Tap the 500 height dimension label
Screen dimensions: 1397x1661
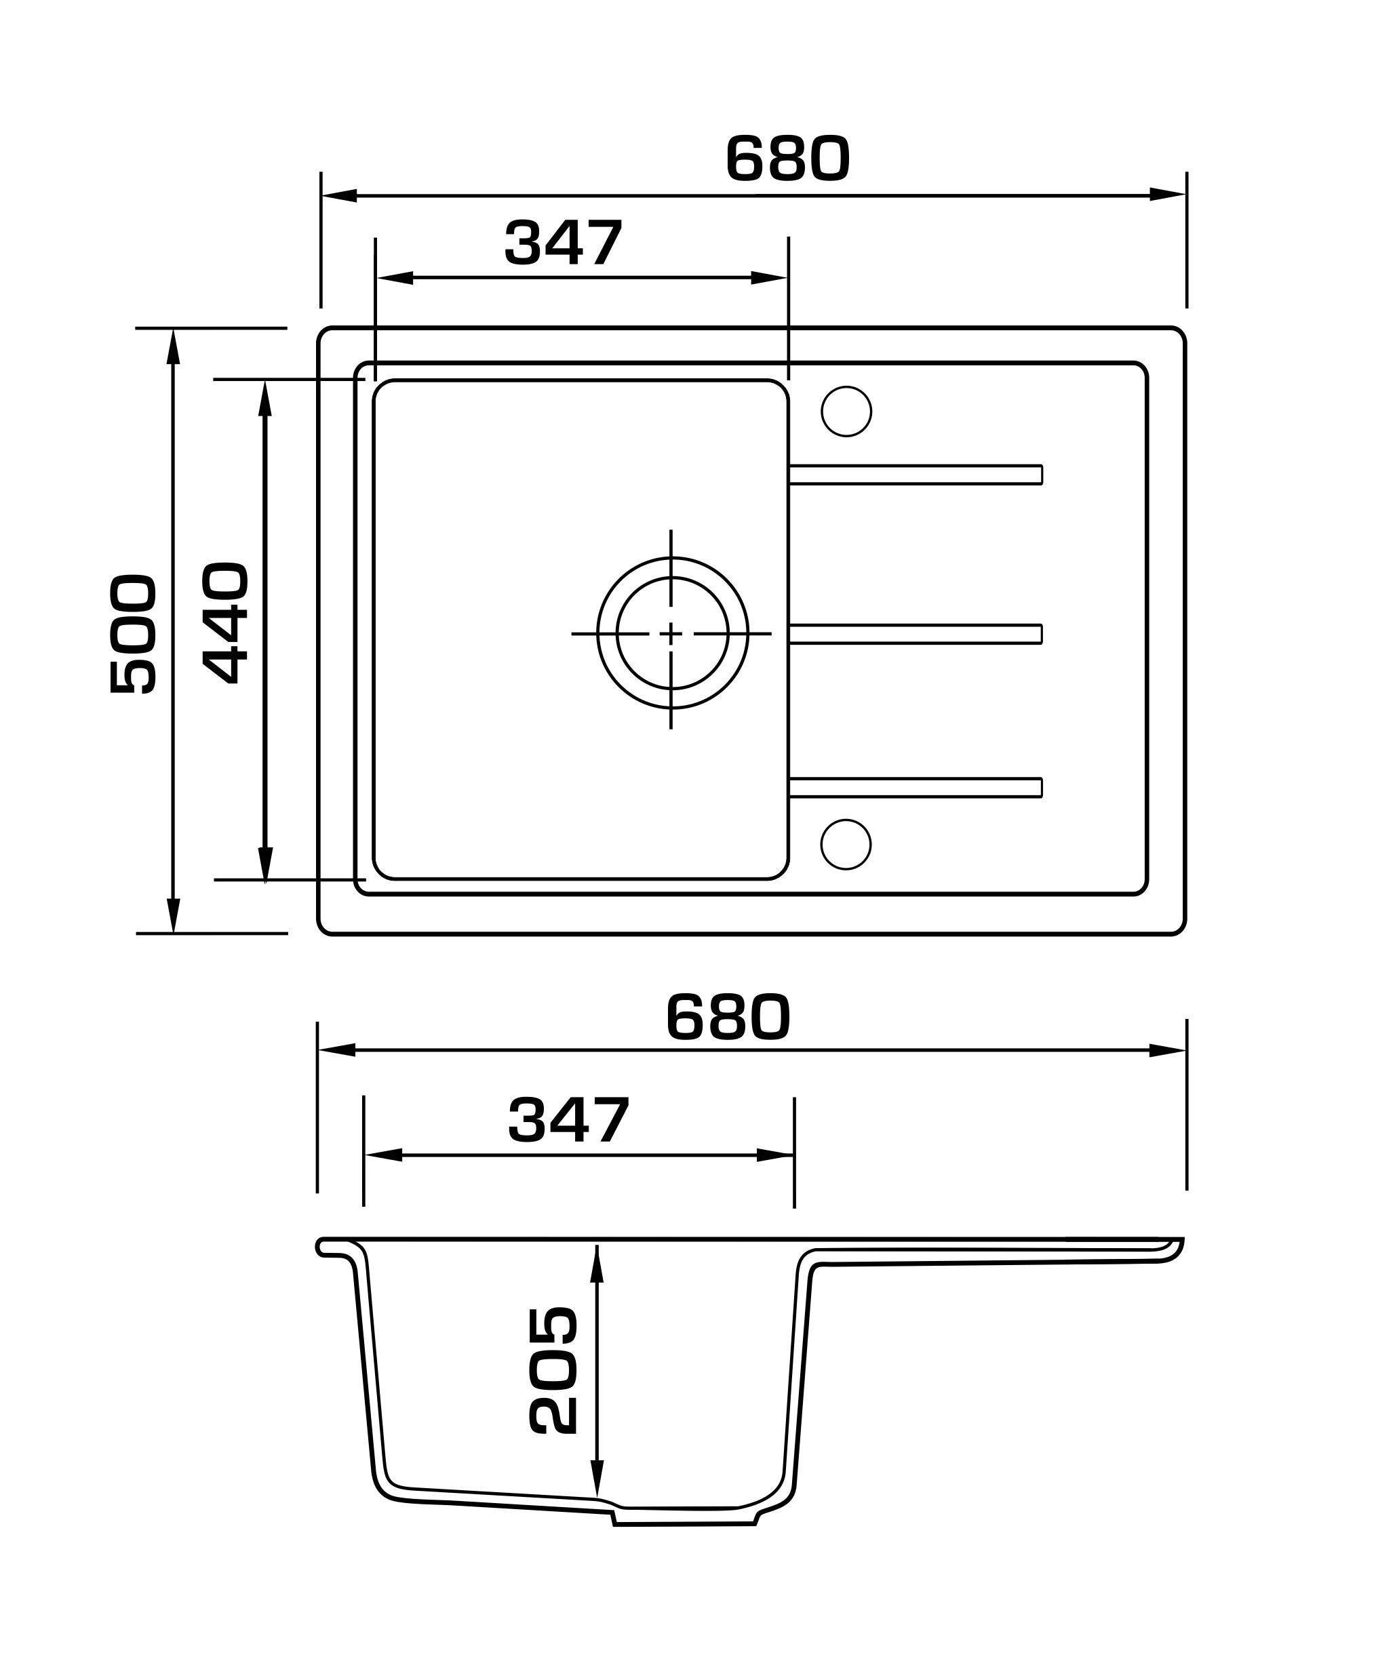click(x=133, y=633)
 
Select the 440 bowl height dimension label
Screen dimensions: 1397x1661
click(x=226, y=622)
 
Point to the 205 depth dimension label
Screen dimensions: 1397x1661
click(x=552, y=1370)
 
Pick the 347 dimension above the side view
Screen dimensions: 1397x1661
click(x=568, y=1119)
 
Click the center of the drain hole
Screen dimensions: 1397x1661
click(x=671, y=633)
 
